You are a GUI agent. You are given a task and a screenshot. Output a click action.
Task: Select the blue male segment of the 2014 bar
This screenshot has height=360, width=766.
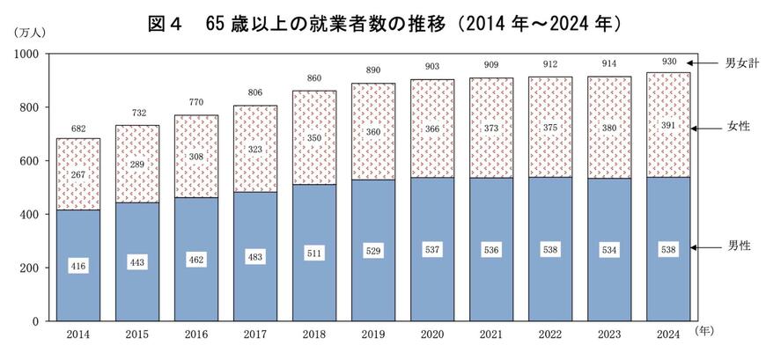tap(78, 290)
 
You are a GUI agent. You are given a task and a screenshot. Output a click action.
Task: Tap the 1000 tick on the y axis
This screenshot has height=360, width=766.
tap(26, 55)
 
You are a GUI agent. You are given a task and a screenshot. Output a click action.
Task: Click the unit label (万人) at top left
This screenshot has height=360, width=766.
tap(30, 32)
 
